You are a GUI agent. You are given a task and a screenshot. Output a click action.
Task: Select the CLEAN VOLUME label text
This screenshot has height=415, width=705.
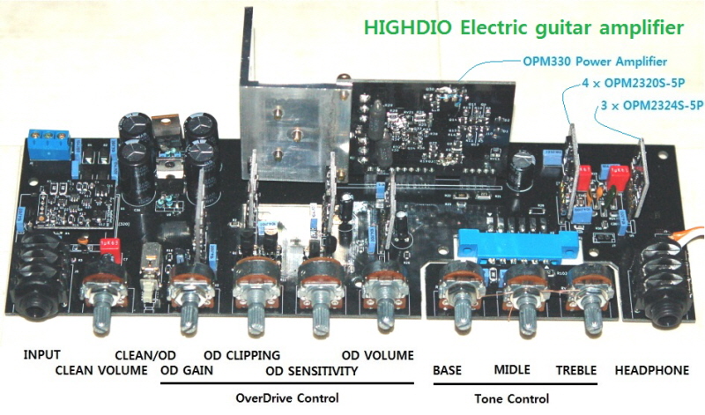pyautogui.click(x=101, y=370)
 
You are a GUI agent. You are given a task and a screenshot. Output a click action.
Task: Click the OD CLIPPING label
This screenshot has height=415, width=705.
pyautogui.click(x=241, y=355)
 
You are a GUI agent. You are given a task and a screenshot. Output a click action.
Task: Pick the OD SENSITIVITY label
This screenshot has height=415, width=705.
pyautogui.click(x=312, y=371)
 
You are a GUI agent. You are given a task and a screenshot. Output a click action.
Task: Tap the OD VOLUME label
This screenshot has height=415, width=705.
pyautogui.click(x=377, y=355)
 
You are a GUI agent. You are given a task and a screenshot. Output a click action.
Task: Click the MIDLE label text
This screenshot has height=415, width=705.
pyautogui.click(x=512, y=370)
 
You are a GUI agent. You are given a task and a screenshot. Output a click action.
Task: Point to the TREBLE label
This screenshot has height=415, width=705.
pyautogui.click(x=575, y=370)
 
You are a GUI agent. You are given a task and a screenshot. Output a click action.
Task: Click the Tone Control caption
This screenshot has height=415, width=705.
pyautogui.click(x=511, y=398)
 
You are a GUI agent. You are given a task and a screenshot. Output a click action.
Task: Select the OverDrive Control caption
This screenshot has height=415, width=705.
pyautogui.click(x=287, y=398)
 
